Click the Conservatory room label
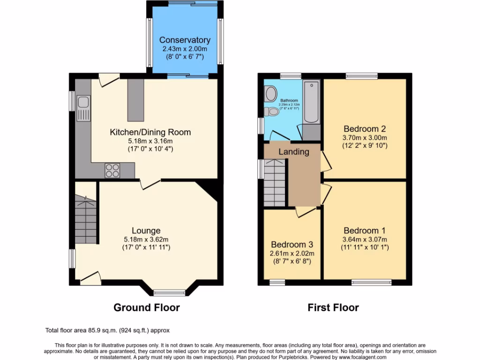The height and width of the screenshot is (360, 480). pyautogui.click(x=185, y=40)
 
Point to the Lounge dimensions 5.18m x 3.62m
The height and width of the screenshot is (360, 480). pyautogui.click(x=146, y=239)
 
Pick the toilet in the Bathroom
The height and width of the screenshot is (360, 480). pyautogui.click(x=271, y=112)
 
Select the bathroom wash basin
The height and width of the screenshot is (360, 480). pyautogui.click(x=270, y=94)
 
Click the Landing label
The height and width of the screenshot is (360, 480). pyautogui.click(x=294, y=151)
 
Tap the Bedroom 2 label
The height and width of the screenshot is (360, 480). pyautogui.click(x=365, y=129)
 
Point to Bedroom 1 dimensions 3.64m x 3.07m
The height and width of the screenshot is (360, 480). pyautogui.click(x=365, y=239)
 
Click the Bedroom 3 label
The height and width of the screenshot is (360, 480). pyautogui.click(x=292, y=245)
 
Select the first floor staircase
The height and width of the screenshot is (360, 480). pyautogui.click(x=275, y=183)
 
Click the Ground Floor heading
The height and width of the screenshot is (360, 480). pyautogui.click(x=147, y=307)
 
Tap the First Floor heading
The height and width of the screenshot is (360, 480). pyautogui.click(x=333, y=307)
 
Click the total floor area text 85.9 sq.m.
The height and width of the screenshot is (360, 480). pyautogui.click(x=111, y=330)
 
